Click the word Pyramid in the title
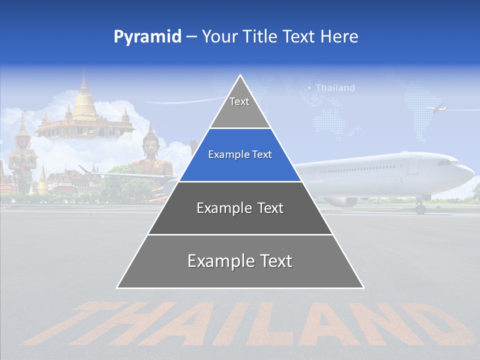tap(147, 37)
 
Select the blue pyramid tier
tap(240, 155)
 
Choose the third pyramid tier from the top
tap(240, 208)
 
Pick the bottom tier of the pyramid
tap(240, 261)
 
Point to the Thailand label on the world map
tap(335, 88)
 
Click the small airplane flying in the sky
tap(436, 107)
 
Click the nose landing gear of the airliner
tap(420, 207)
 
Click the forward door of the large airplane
tap(413, 164)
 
